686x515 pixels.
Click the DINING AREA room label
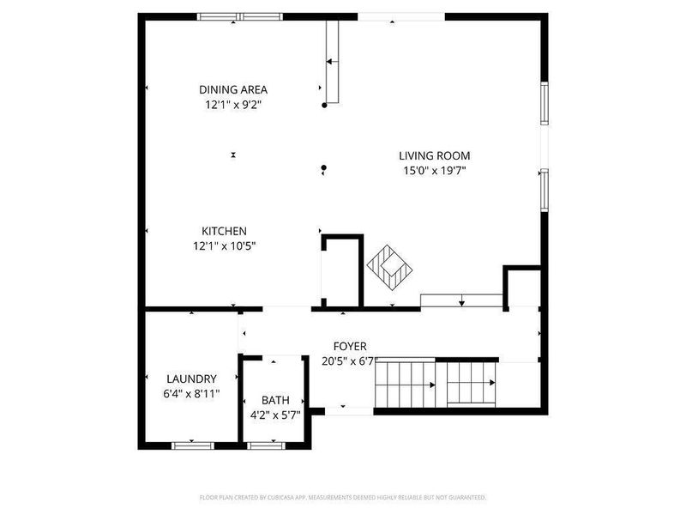233,89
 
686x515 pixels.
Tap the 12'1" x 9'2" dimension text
233,105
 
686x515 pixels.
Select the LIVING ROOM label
434,155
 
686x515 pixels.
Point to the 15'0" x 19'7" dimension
434,171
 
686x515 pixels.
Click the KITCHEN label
224,231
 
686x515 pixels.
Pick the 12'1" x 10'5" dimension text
224,246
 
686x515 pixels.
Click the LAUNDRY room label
191,379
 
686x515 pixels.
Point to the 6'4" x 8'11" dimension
191,394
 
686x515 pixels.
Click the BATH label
275,400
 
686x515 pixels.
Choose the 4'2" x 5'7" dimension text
275,415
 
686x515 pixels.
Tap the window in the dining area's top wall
232,16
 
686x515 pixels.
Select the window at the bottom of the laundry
192,445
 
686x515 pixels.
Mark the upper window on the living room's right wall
544,103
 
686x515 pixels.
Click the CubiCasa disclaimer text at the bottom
343,497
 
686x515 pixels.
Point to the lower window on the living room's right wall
544,190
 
